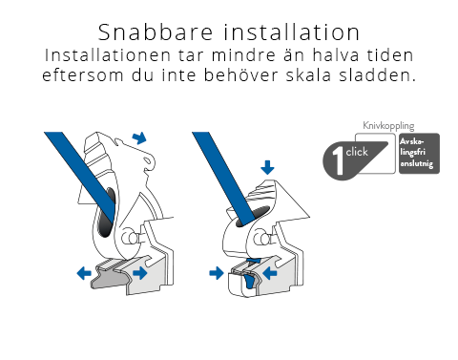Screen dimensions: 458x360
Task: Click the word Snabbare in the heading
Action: click(x=156, y=32)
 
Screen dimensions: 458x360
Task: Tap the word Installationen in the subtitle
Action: click(x=108, y=55)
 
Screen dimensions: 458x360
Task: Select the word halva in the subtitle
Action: click(x=336, y=55)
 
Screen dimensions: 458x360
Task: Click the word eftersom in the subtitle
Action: click(x=83, y=75)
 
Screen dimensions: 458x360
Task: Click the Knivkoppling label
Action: click(x=388, y=126)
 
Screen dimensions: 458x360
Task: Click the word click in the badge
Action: click(x=357, y=152)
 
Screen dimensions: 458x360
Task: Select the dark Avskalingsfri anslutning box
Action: click(x=419, y=154)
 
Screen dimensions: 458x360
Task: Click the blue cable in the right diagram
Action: click(x=222, y=176)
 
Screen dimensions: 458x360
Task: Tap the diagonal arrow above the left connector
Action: click(x=139, y=138)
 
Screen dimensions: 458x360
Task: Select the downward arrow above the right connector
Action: click(x=267, y=167)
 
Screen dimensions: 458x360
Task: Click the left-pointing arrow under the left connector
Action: click(x=84, y=273)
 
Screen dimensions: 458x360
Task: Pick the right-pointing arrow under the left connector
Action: click(x=140, y=273)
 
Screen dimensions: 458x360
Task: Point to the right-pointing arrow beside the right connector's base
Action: click(x=217, y=273)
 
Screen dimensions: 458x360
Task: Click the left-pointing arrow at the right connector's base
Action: click(x=270, y=273)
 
